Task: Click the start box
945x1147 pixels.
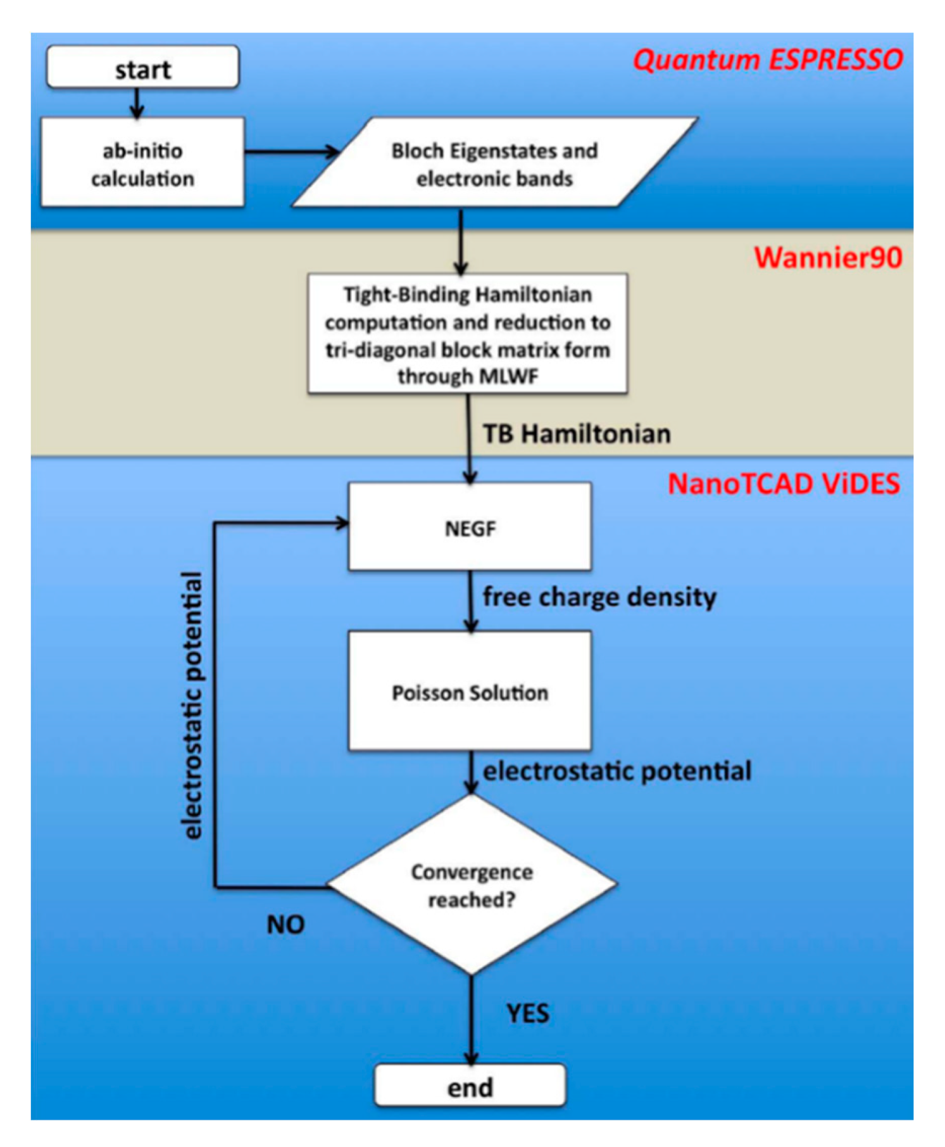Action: pos(142,67)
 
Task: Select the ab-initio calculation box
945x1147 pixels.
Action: pos(142,163)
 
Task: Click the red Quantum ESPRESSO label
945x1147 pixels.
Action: pos(768,60)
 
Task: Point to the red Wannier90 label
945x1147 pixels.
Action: pos(827,258)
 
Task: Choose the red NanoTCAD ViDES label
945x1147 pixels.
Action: pos(784,484)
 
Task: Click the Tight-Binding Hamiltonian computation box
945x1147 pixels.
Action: pos(468,334)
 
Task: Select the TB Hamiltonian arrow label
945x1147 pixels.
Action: pos(577,434)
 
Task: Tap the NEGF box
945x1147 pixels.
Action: pos(470,527)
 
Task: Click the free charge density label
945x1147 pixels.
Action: pos(599,597)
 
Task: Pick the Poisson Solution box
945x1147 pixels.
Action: pos(470,692)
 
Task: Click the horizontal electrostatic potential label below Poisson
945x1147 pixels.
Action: pos(617,771)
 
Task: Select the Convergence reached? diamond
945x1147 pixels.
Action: pos(472,885)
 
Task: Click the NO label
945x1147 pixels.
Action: pos(285,925)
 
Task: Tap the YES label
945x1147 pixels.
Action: pos(527,1013)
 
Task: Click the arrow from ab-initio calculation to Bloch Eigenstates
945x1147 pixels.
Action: pos(291,152)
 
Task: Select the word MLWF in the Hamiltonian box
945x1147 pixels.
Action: pos(508,376)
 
